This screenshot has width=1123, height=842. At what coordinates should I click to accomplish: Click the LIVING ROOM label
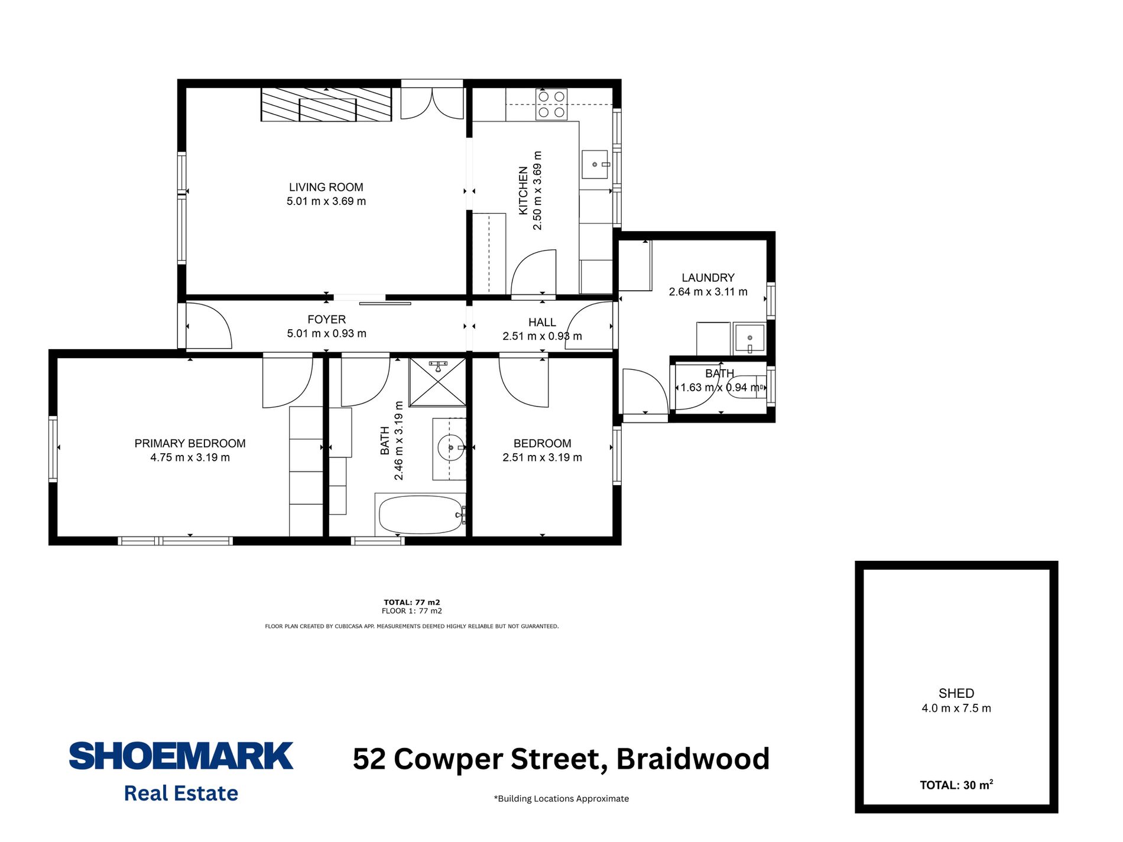pos(326,187)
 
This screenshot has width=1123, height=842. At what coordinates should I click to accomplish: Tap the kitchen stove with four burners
pos(551,104)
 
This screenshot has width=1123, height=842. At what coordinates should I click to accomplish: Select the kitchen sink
pos(595,164)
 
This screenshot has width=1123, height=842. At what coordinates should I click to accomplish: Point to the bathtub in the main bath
pos(420,515)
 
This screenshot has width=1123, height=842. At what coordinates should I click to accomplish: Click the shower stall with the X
pos(437,382)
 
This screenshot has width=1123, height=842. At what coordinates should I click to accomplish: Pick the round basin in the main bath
pos(450,448)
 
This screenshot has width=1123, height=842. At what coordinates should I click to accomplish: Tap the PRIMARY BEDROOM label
pos(190,443)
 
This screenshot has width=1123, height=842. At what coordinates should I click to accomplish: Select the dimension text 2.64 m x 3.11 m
pos(707,292)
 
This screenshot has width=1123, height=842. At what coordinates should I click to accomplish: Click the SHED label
pos(956,693)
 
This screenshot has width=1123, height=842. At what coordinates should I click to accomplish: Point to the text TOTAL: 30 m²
pos(956,785)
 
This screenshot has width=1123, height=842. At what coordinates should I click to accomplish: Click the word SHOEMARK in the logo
pos(181,756)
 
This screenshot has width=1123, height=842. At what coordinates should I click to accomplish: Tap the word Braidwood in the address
pos(693,759)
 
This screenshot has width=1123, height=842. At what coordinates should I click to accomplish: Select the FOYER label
pos(326,320)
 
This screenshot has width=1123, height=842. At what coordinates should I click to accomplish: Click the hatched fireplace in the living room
pos(326,105)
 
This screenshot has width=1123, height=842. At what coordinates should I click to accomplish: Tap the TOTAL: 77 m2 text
pos(411,603)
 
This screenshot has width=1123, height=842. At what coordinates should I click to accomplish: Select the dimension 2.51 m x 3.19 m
pos(542,457)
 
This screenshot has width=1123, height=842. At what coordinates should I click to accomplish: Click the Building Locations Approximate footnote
pos(561,799)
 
